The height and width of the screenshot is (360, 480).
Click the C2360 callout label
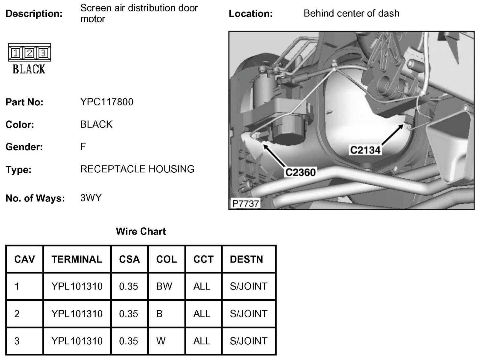[x=300, y=172]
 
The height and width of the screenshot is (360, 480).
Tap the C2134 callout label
[x=365, y=150]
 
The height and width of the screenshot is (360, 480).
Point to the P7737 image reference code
[x=245, y=204]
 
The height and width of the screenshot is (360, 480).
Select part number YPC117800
[x=107, y=102]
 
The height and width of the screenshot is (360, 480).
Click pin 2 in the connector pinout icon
[x=29, y=53]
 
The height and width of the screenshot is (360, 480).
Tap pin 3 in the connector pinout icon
[x=43, y=53]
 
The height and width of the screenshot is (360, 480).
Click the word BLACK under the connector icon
[x=29, y=69]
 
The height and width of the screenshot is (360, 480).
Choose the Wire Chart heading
[x=141, y=231]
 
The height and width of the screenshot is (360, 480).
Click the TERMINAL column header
[x=76, y=259]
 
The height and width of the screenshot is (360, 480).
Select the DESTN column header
[x=246, y=259]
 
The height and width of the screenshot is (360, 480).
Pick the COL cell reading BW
[x=164, y=286]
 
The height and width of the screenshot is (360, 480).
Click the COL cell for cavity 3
[x=161, y=341]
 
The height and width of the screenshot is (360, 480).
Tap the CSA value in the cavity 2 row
[x=128, y=314]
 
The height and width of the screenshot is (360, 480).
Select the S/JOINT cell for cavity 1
[x=248, y=286]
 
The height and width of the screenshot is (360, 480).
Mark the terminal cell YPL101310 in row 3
[x=77, y=341]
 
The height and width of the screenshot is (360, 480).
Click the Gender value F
[x=83, y=147]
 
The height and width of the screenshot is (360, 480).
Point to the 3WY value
[x=91, y=198]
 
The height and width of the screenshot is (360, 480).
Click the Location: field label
[x=250, y=14]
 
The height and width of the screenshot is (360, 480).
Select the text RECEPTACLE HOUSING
[x=137, y=169]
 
